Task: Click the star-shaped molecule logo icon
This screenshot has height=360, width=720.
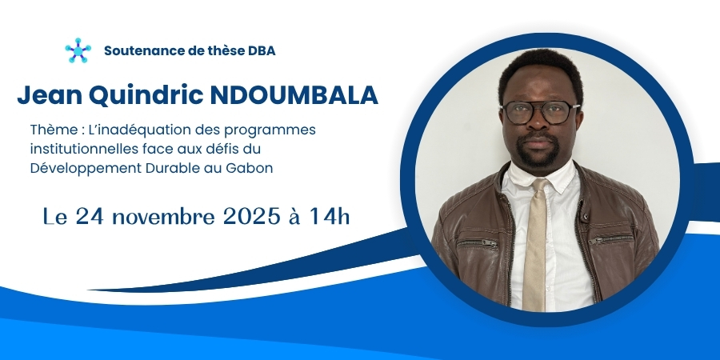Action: (78, 50)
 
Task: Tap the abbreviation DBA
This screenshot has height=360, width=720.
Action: (262, 50)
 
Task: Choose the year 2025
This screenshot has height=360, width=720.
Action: (251, 216)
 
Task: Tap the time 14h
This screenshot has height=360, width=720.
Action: (329, 216)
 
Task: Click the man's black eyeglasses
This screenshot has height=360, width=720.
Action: (541, 113)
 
